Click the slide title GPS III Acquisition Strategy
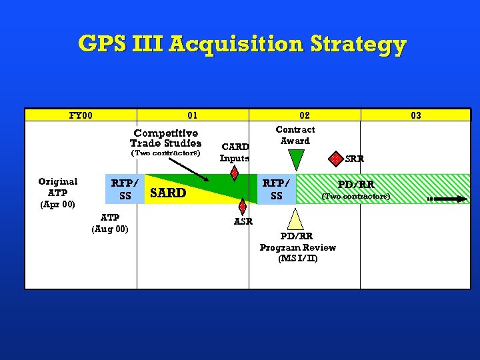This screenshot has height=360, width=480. click(241, 44)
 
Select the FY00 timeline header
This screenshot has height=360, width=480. click(81, 115)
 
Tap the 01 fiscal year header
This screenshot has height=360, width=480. click(193, 115)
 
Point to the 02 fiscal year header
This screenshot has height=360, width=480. click(305, 115)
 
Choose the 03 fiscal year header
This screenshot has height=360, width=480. click(416, 115)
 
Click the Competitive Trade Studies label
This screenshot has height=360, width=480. click(165, 138)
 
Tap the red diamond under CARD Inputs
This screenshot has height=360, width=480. click(234, 173)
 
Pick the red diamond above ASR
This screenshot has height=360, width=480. click(243, 207)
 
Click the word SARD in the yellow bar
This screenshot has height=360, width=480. click(169, 193)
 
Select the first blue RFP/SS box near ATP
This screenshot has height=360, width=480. click(125, 189)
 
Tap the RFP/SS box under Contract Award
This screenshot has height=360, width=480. click(276, 189)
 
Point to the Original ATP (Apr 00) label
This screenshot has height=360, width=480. click(57, 192)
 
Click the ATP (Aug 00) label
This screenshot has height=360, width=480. click(110, 223)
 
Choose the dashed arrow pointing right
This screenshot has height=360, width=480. click(447, 198)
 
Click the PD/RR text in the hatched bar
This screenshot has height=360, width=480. click(356, 184)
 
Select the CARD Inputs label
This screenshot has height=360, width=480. click(235, 152)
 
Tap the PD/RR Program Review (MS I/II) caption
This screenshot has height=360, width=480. click(297, 247)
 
